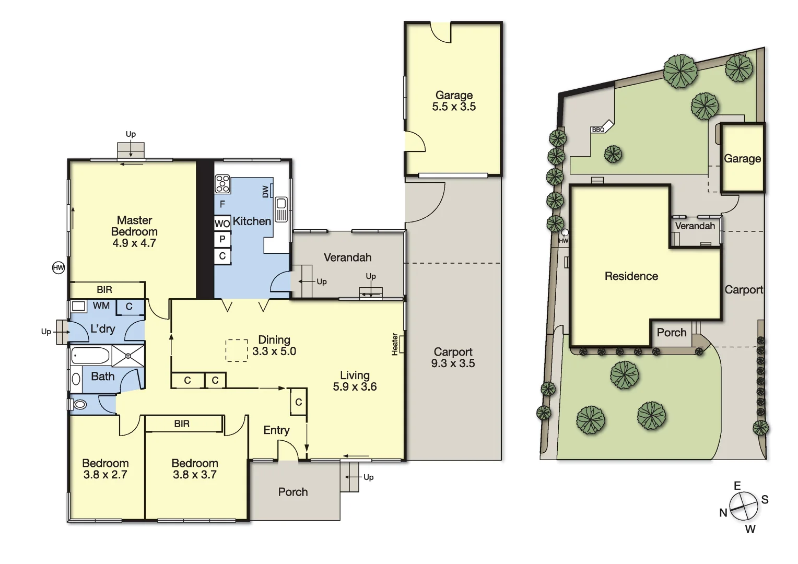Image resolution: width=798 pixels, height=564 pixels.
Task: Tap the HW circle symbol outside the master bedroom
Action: click(58, 268)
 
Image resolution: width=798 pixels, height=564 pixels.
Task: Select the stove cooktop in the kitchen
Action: click(222, 184)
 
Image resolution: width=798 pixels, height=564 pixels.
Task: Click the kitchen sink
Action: click(281, 209)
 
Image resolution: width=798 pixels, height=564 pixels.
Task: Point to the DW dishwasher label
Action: click(265, 192)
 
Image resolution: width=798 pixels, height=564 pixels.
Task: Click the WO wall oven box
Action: click(222, 224)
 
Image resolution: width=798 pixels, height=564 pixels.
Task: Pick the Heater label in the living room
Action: click(395, 345)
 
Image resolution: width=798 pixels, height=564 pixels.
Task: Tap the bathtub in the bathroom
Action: click(90, 356)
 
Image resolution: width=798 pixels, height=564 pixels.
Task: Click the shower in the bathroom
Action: click(128, 356)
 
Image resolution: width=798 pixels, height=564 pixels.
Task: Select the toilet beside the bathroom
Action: click(79, 405)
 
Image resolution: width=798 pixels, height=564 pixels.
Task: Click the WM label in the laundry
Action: click(101, 306)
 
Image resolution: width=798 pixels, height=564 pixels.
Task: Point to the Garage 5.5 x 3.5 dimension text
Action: click(454, 107)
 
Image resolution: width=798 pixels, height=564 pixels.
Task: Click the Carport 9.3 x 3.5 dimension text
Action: click(453, 363)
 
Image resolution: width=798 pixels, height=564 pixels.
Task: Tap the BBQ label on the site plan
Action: click(598, 130)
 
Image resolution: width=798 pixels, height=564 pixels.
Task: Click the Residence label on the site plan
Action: click(631, 276)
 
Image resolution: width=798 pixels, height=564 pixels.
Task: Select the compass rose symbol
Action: click(744, 507)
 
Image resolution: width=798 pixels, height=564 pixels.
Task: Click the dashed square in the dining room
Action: click(237, 350)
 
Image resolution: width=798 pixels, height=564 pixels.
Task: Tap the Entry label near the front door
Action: click(276, 430)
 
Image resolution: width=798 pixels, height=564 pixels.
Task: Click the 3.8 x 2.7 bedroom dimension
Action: click(105, 475)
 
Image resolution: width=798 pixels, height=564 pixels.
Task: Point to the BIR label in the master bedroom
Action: click(104, 290)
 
